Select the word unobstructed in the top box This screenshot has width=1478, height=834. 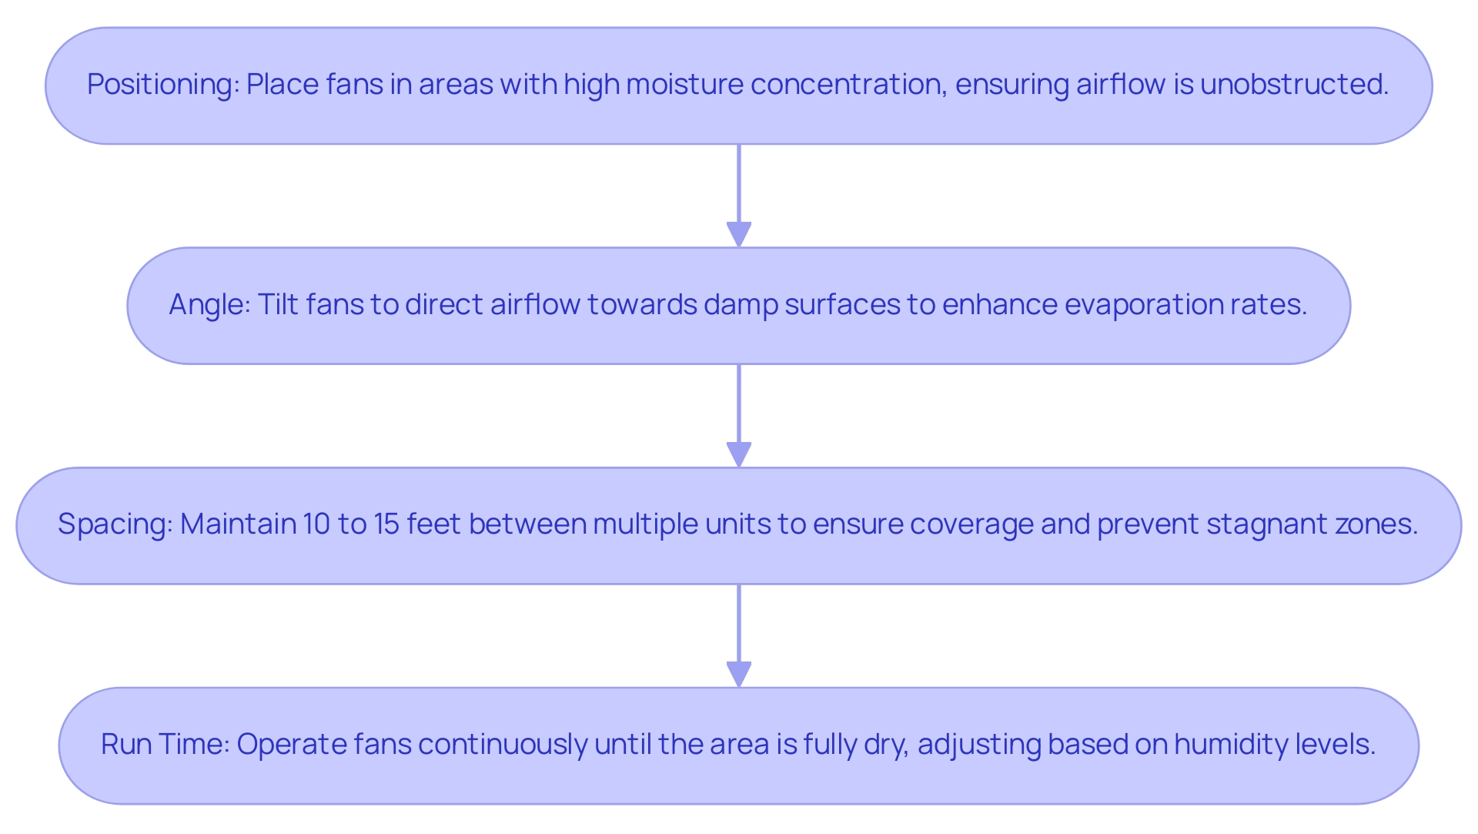point(1294,85)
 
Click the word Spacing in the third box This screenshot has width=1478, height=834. point(114,524)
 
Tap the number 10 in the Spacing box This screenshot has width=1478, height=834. point(316,524)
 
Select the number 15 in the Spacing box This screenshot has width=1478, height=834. point(386,524)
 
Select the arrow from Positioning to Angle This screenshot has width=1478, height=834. point(739,196)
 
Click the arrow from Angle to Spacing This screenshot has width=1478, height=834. point(739,416)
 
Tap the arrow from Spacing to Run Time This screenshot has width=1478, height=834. point(739,635)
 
